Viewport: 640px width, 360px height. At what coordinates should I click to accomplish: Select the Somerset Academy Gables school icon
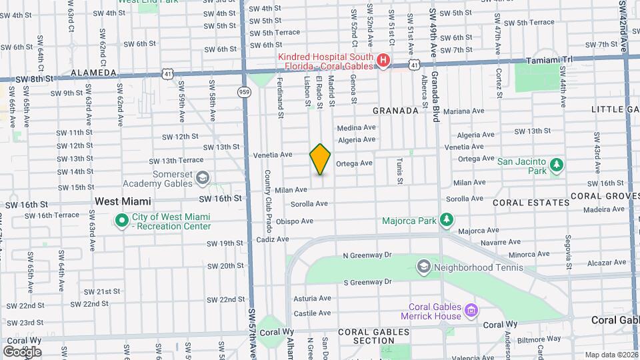click(x=203, y=178)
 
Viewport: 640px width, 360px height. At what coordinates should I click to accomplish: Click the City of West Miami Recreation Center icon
click(x=121, y=220)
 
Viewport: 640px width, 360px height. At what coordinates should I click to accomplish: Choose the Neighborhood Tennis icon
click(x=423, y=267)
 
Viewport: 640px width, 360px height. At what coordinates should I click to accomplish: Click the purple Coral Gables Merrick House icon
click(x=471, y=310)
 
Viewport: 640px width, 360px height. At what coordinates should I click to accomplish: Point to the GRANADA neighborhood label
click(x=395, y=110)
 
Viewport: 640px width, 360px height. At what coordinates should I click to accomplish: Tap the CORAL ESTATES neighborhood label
click(x=531, y=202)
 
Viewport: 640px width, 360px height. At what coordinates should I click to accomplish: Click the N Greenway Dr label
click(x=367, y=255)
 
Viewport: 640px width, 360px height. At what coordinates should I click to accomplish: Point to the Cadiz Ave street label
click(x=273, y=239)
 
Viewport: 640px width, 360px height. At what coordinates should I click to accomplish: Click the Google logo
click(x=22, y=351)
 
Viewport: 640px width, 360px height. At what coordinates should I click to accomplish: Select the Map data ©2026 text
click(x=610, y=355)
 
